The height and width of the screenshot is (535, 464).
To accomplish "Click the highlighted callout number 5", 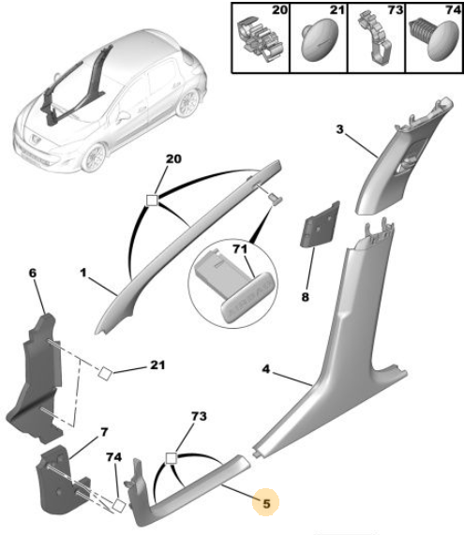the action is [x=266, y=503].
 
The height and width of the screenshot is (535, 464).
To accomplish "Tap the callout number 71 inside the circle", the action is [x=240, y=248].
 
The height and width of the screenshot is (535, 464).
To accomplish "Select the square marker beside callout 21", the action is [x=105, y=373].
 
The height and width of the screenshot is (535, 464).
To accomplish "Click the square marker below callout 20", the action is [x=152, y=200].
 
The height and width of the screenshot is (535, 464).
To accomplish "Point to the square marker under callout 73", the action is [x=171, y=458].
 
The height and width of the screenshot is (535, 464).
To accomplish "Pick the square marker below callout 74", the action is [x=119, y=505].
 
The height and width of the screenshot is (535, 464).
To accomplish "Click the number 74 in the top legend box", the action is [x=454, y=10].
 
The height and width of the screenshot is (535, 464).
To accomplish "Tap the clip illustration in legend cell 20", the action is [x=261, y=39].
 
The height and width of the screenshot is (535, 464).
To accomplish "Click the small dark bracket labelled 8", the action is [x=320, y=225].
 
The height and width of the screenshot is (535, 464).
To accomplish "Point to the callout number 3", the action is [x=339, y=129].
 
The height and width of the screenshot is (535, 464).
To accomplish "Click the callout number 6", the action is [x=33, y=273].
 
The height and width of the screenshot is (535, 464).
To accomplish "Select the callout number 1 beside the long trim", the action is [x=83, y=273].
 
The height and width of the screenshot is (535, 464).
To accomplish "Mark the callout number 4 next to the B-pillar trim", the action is [x=266, y=369].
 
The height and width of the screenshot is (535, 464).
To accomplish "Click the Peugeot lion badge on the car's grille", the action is [x=36, y=138].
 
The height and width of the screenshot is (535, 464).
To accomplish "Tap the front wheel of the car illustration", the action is [x=94, y=157].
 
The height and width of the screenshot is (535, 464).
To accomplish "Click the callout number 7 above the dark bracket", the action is [x=104, y=432].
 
